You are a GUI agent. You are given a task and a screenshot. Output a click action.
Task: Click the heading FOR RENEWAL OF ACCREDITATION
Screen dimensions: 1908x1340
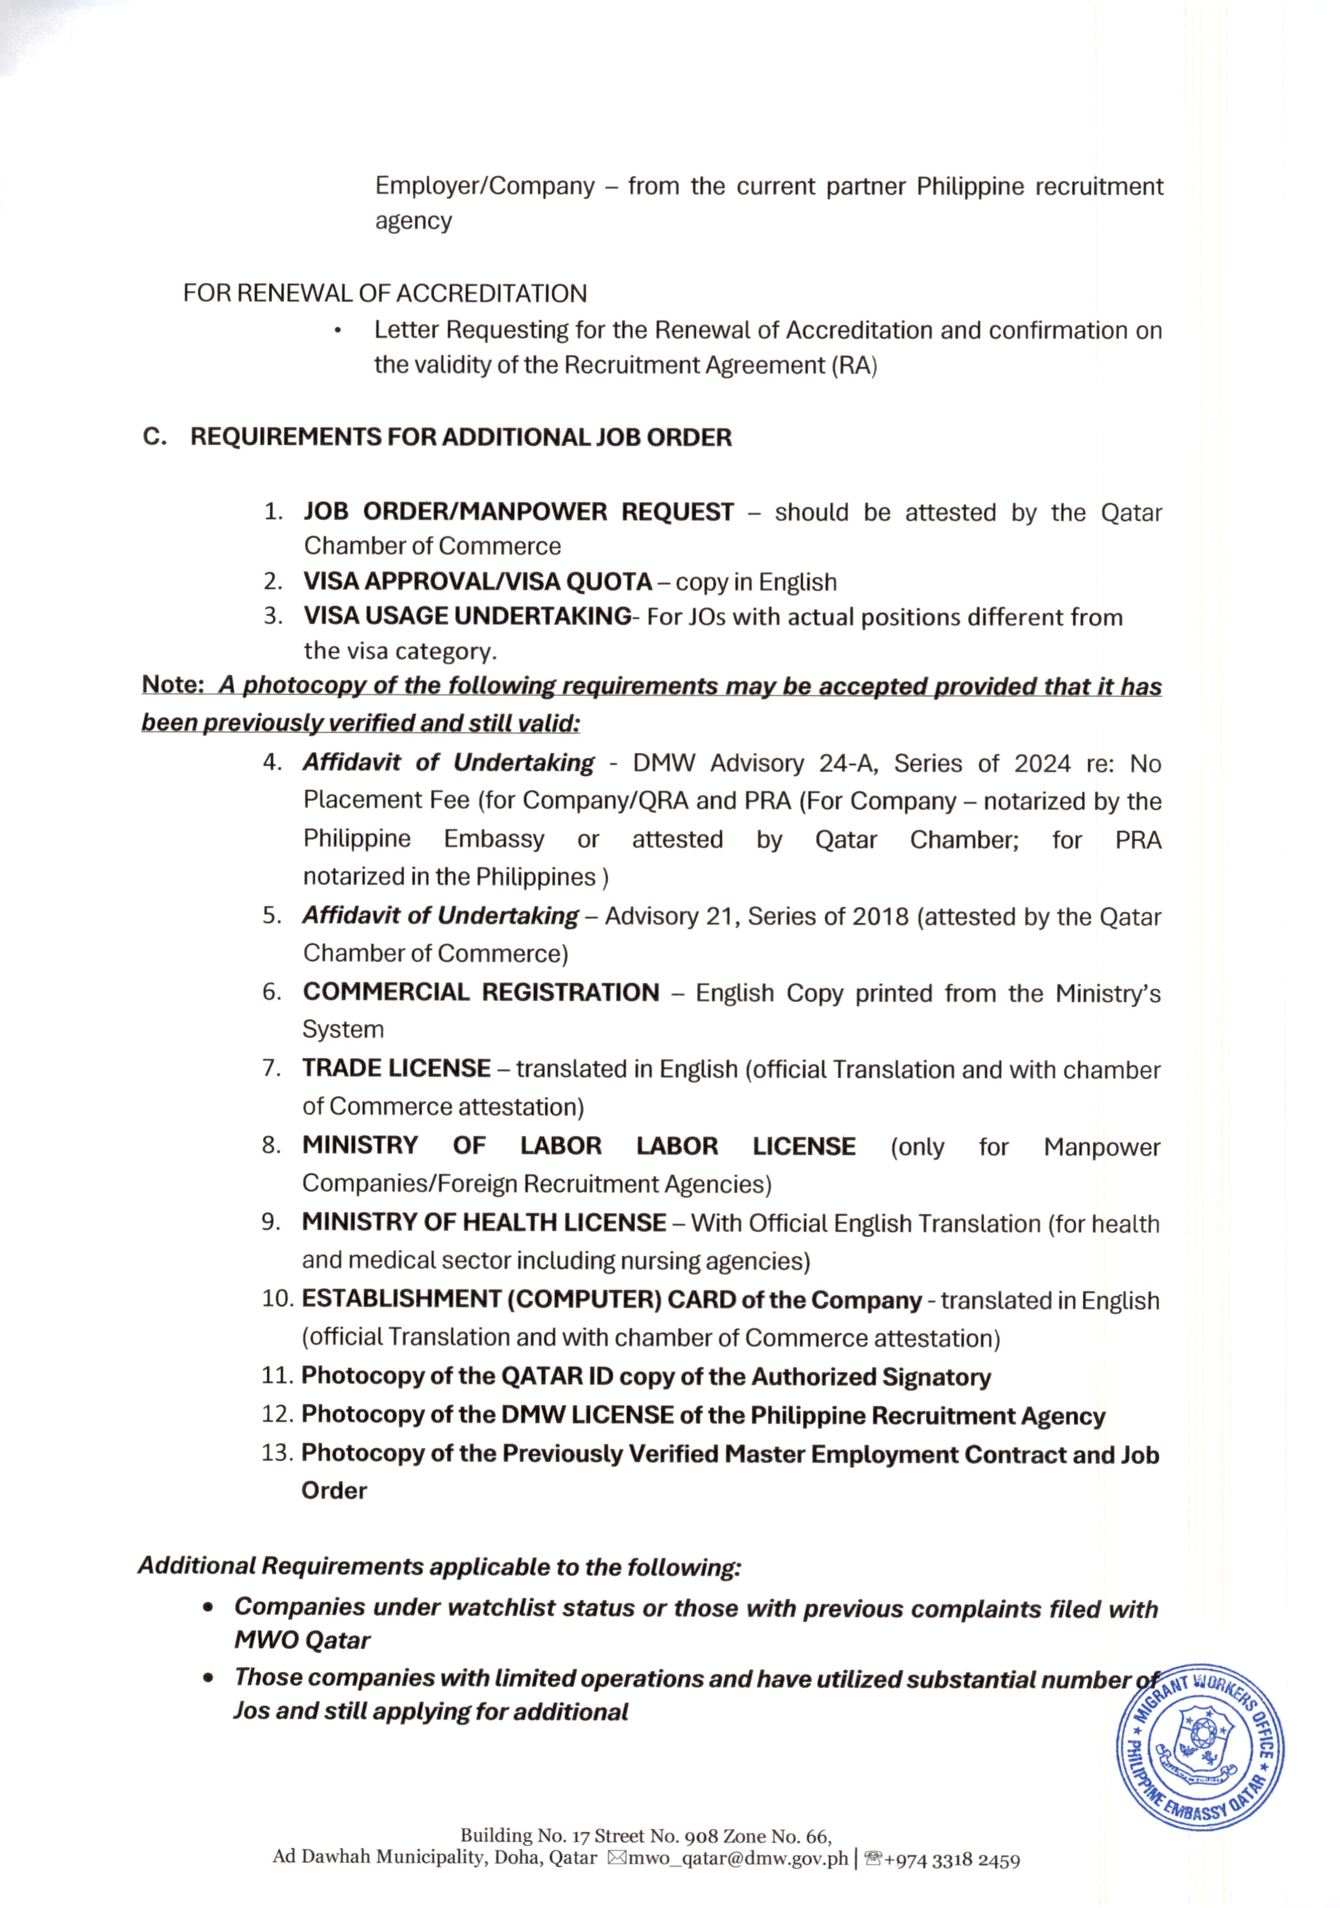click(x=385, y=293)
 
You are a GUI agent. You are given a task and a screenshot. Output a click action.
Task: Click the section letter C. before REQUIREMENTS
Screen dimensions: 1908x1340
click(x=154, y=437)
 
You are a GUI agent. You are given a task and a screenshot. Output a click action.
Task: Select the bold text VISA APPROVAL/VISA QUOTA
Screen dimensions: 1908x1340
click(x=478, y=582)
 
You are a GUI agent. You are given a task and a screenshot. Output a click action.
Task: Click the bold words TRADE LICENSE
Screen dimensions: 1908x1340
click(x=396, y=1068)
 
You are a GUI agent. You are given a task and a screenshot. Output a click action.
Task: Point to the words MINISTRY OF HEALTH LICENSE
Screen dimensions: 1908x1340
click(x=484, y=1222)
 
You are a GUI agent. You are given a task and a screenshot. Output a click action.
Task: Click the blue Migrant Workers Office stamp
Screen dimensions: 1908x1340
click(x=1200, y=1746)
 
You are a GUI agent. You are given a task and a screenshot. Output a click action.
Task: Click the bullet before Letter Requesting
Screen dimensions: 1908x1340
click(x=337, y=331)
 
